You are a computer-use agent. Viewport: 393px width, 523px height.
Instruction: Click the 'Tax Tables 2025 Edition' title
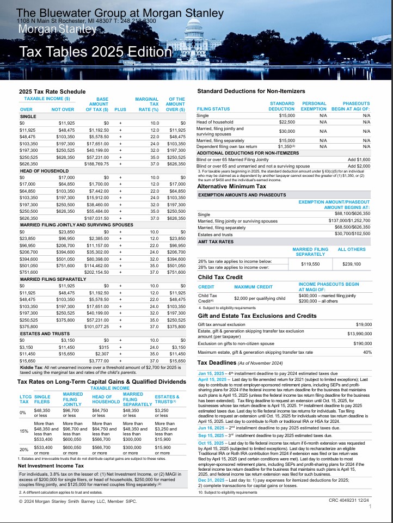[95, 52]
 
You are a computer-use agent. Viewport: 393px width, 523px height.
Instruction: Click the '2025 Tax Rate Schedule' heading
[52, 91]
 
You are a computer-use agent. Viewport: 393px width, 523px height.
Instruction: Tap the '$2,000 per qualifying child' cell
[260, 298]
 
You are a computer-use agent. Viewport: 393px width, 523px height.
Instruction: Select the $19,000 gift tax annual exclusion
[363, 324]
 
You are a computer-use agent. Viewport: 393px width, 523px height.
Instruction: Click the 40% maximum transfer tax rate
[367, 352]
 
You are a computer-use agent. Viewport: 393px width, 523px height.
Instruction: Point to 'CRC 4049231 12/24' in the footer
[349, 499]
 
